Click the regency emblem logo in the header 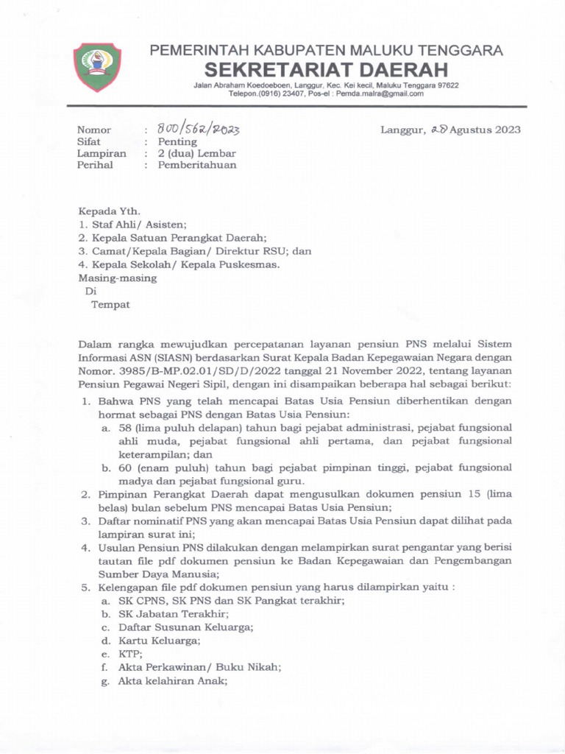98,67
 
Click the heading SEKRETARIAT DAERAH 326,70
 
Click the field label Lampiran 102,154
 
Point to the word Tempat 110,304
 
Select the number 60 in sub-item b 125,468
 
